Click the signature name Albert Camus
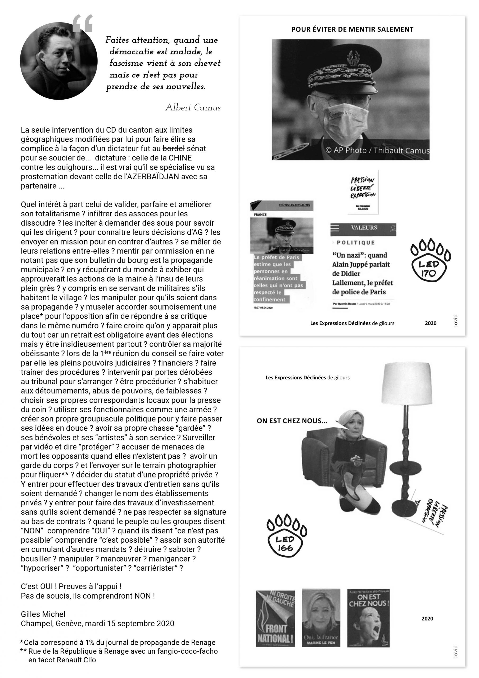[193, 108]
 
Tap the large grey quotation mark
[83, 24]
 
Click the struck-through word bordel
[174, 148]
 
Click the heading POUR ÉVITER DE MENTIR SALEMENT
[352, 29]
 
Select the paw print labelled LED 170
[430, 260]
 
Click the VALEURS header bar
[363, 228]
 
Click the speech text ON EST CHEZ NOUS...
[292, 421]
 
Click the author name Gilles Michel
[43, 614]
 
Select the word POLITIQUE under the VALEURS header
[356, 243]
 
